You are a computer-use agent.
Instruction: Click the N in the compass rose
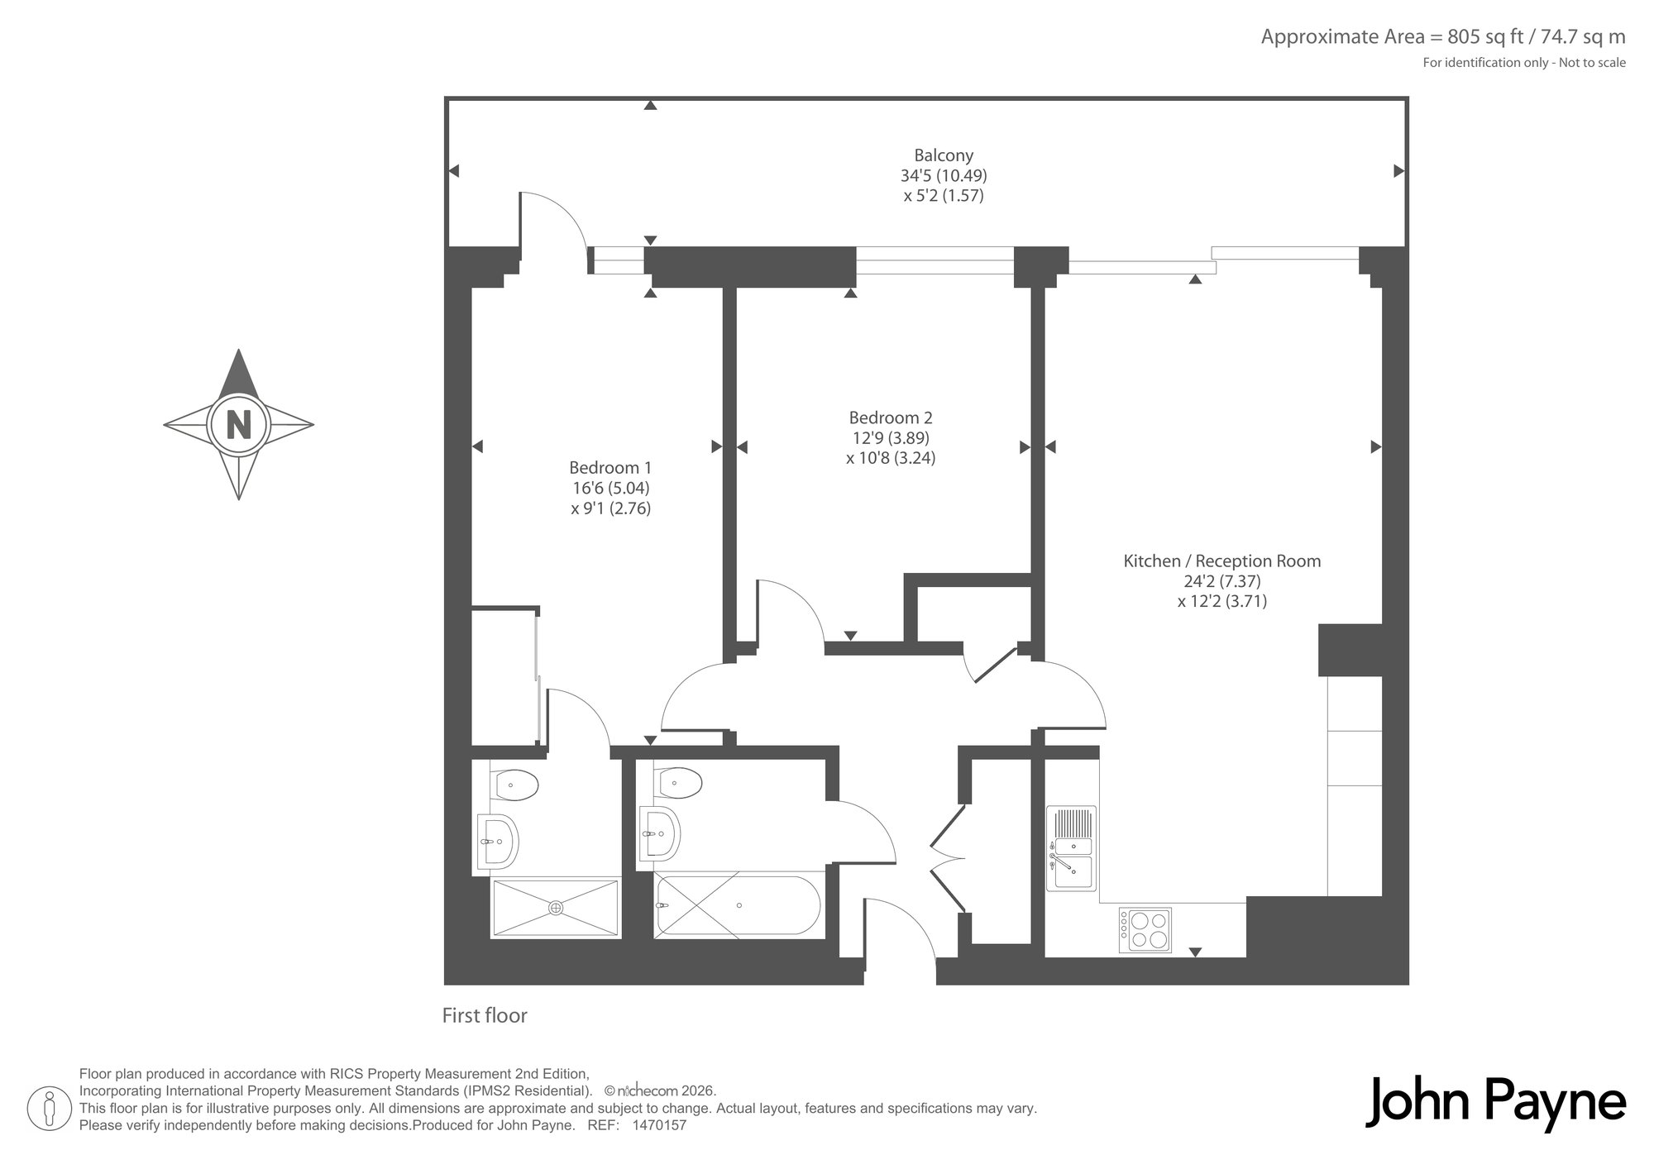239,425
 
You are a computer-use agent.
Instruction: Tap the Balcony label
944,155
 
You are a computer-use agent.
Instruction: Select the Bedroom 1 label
610,468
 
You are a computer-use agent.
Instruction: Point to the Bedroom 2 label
891,418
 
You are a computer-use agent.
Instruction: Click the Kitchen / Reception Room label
1222,561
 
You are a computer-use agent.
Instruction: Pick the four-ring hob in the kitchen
1145,930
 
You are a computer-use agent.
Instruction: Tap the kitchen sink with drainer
1071,848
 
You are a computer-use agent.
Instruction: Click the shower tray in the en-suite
556,908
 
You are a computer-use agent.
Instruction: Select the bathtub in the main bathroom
738,904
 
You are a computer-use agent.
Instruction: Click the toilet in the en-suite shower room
514,784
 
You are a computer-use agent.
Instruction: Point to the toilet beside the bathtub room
678,781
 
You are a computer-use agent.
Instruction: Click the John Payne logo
1495,1103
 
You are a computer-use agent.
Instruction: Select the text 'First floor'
485,1015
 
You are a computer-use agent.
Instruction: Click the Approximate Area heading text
1443,36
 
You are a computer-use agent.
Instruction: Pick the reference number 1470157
659,1125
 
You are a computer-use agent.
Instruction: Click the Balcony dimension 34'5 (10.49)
944,175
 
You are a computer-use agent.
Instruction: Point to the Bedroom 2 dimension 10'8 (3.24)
891,458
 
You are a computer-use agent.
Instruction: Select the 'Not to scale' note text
1592,63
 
